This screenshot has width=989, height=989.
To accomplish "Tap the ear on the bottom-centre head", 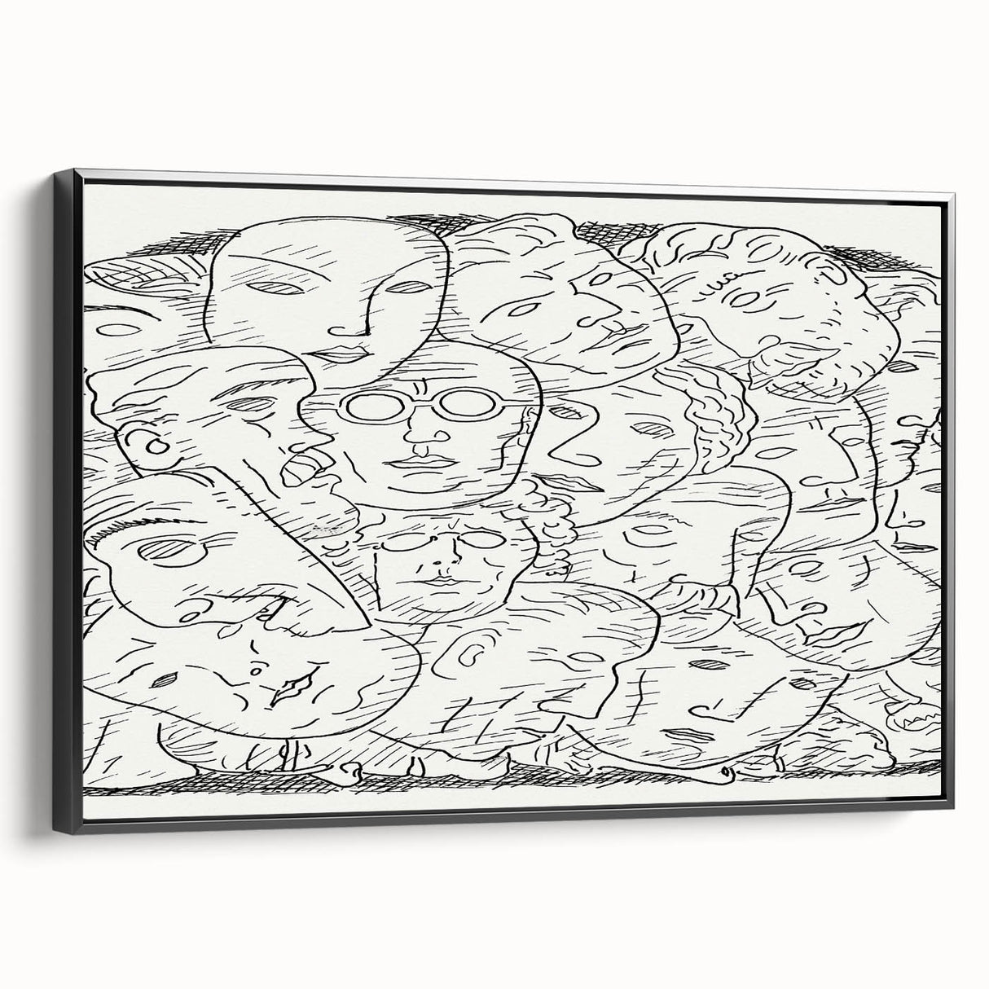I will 467,645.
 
